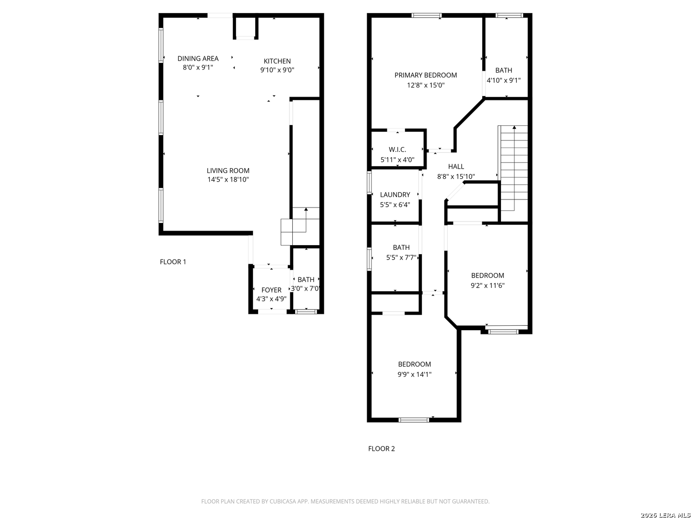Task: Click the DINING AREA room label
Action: coord(198,59)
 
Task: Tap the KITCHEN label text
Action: coord(277,61)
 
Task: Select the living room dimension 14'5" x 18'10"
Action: coord(228,180)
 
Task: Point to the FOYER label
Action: coord(271,290)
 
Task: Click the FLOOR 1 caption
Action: coord(173,262)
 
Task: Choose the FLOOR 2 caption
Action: coord(381,449)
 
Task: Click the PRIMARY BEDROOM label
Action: coord(426,75)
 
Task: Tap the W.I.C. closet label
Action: coord(397,149)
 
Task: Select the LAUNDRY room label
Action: coord(395,195)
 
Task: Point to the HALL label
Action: coord(456,166)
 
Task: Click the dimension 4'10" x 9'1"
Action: coord(503,80)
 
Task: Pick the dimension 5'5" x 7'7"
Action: coord(401,258)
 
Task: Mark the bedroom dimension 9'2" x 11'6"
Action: coord(488,285)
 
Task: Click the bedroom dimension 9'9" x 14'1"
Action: coord(414,374)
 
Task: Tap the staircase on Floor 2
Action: coord(512,168)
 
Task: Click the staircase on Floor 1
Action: coord(300,226)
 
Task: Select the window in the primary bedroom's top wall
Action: coord(426,15)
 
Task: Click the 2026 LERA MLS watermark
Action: coord(665,515)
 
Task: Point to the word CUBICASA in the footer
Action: coord(283,501)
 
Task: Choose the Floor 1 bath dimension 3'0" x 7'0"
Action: coord(305,289)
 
